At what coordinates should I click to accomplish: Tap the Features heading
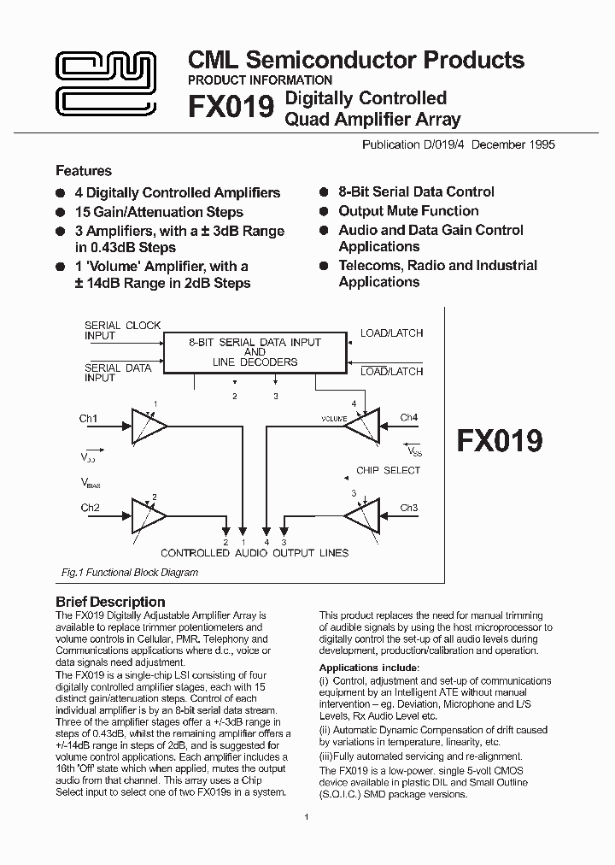(83, 171)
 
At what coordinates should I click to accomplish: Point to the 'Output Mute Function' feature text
(408, 211)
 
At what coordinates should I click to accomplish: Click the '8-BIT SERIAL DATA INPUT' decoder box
(255, 352)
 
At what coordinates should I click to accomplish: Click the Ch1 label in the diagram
(89, 419)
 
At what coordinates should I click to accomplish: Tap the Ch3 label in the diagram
(409, 508)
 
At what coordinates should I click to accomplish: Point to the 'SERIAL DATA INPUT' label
(118, 373)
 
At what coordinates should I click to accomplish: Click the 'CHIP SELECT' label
(389, 470)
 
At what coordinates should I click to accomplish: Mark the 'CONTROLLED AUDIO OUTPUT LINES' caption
(255, 553)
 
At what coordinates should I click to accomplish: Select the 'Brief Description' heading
(110, 602)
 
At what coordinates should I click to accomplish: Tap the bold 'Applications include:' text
(369, 668)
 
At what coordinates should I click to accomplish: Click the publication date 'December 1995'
(512, 144)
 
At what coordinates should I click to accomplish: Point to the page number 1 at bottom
(306, 818)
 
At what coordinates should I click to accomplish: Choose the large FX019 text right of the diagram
(500, 440)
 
